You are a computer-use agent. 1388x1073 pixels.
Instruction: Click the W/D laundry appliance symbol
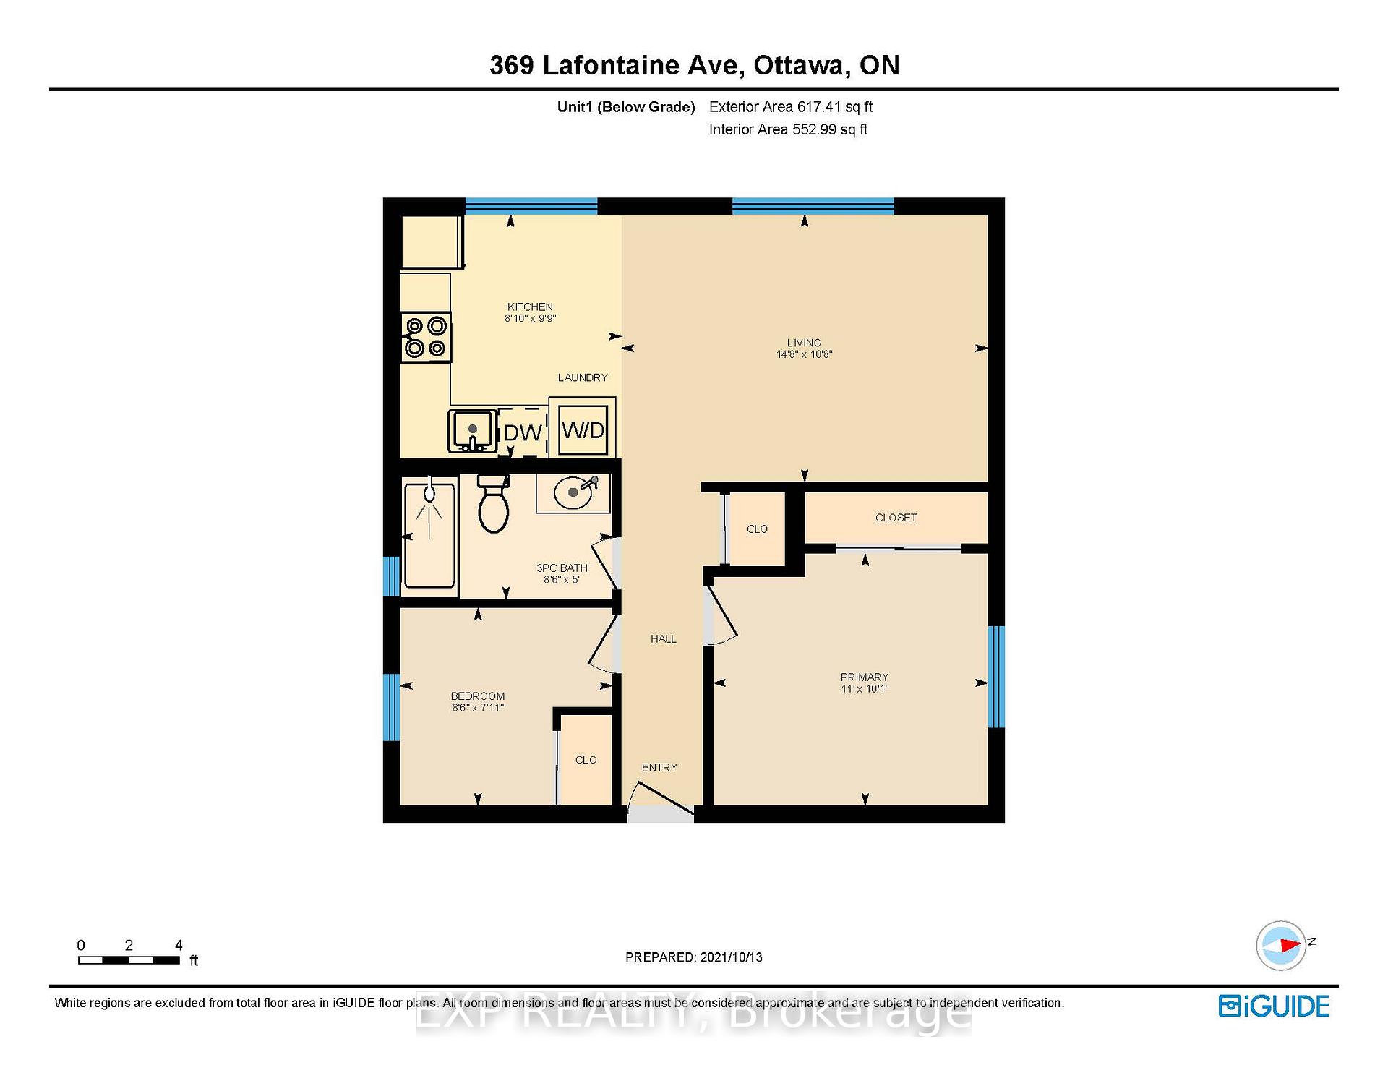pyautogui.click(x=583, y=429)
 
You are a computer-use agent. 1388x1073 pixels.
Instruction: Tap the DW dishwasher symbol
pyautogui.click(x=522, y=432)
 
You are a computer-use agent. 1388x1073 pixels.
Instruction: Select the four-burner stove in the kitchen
pyautogui.click(x=426, y=337)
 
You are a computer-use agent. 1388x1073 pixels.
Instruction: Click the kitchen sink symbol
pyautogui.click(x=472, y=431)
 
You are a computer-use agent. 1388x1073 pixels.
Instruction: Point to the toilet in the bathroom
pyautogui.click(x=494, y=503)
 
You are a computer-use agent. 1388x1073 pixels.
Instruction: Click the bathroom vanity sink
pyautogui.click(x=573, y=494)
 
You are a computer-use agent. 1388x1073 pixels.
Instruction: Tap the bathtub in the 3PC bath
pyautogui.click(x=429, y=534)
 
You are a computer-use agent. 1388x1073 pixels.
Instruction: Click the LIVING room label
pyautogui.click(x=804, y=343)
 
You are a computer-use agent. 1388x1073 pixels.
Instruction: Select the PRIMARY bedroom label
pyautogui.click(x=864, y=677)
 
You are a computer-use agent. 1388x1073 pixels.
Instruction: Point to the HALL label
pyautogui.click(x=663, y=638)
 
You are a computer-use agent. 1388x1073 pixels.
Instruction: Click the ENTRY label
pyautogui.click(x=659, y=767)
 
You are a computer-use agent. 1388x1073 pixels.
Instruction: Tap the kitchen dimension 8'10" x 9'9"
pyautogui.click(x=530, y=318)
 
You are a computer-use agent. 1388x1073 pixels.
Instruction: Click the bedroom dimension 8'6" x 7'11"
pyautogui.click(x=478, y=707)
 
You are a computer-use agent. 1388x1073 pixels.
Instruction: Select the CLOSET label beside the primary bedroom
pyautogui.click(x=896, y=518)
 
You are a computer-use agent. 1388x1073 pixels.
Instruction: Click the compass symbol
pyautogui.click(x=1281, y=945)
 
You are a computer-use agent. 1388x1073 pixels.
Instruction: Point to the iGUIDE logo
pyautogui.click(x=1274, y=1006)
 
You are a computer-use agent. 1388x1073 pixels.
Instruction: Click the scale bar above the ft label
pyautogui.click(x=129, y=960)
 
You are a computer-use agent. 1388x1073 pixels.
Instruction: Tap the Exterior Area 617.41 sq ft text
pyautogui.click(x=791, y=107)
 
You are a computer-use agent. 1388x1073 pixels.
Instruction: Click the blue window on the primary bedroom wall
pyautogui.click(x=996, y=676)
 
